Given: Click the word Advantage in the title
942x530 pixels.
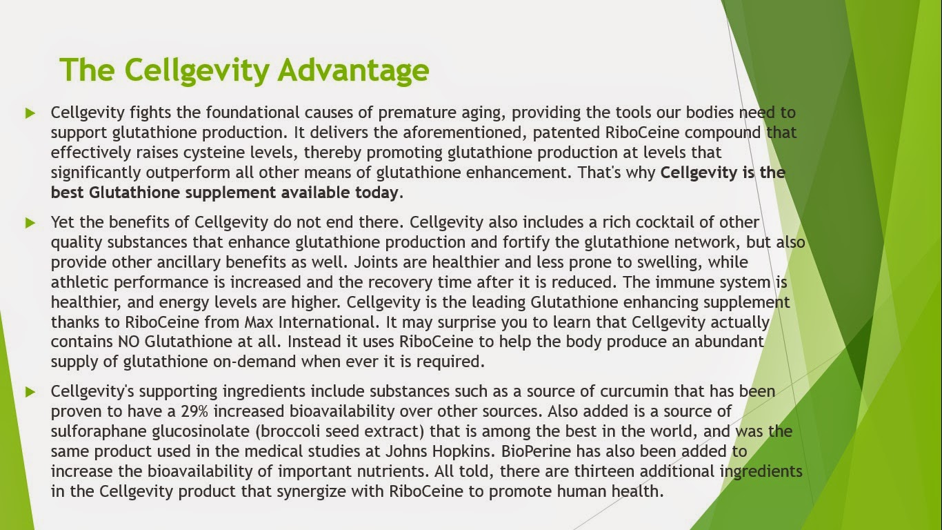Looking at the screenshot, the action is point(353,70).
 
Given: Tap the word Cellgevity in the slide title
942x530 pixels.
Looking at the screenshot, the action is point(197,70).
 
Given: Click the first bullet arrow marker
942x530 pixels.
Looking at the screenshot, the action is point(30,112).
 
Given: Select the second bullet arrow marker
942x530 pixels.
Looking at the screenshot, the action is point(30,222).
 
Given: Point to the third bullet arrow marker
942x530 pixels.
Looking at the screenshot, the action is point(30,392).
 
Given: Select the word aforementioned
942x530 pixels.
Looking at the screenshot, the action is point(465,132).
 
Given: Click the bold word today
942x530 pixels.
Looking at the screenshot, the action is point(377,193).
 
